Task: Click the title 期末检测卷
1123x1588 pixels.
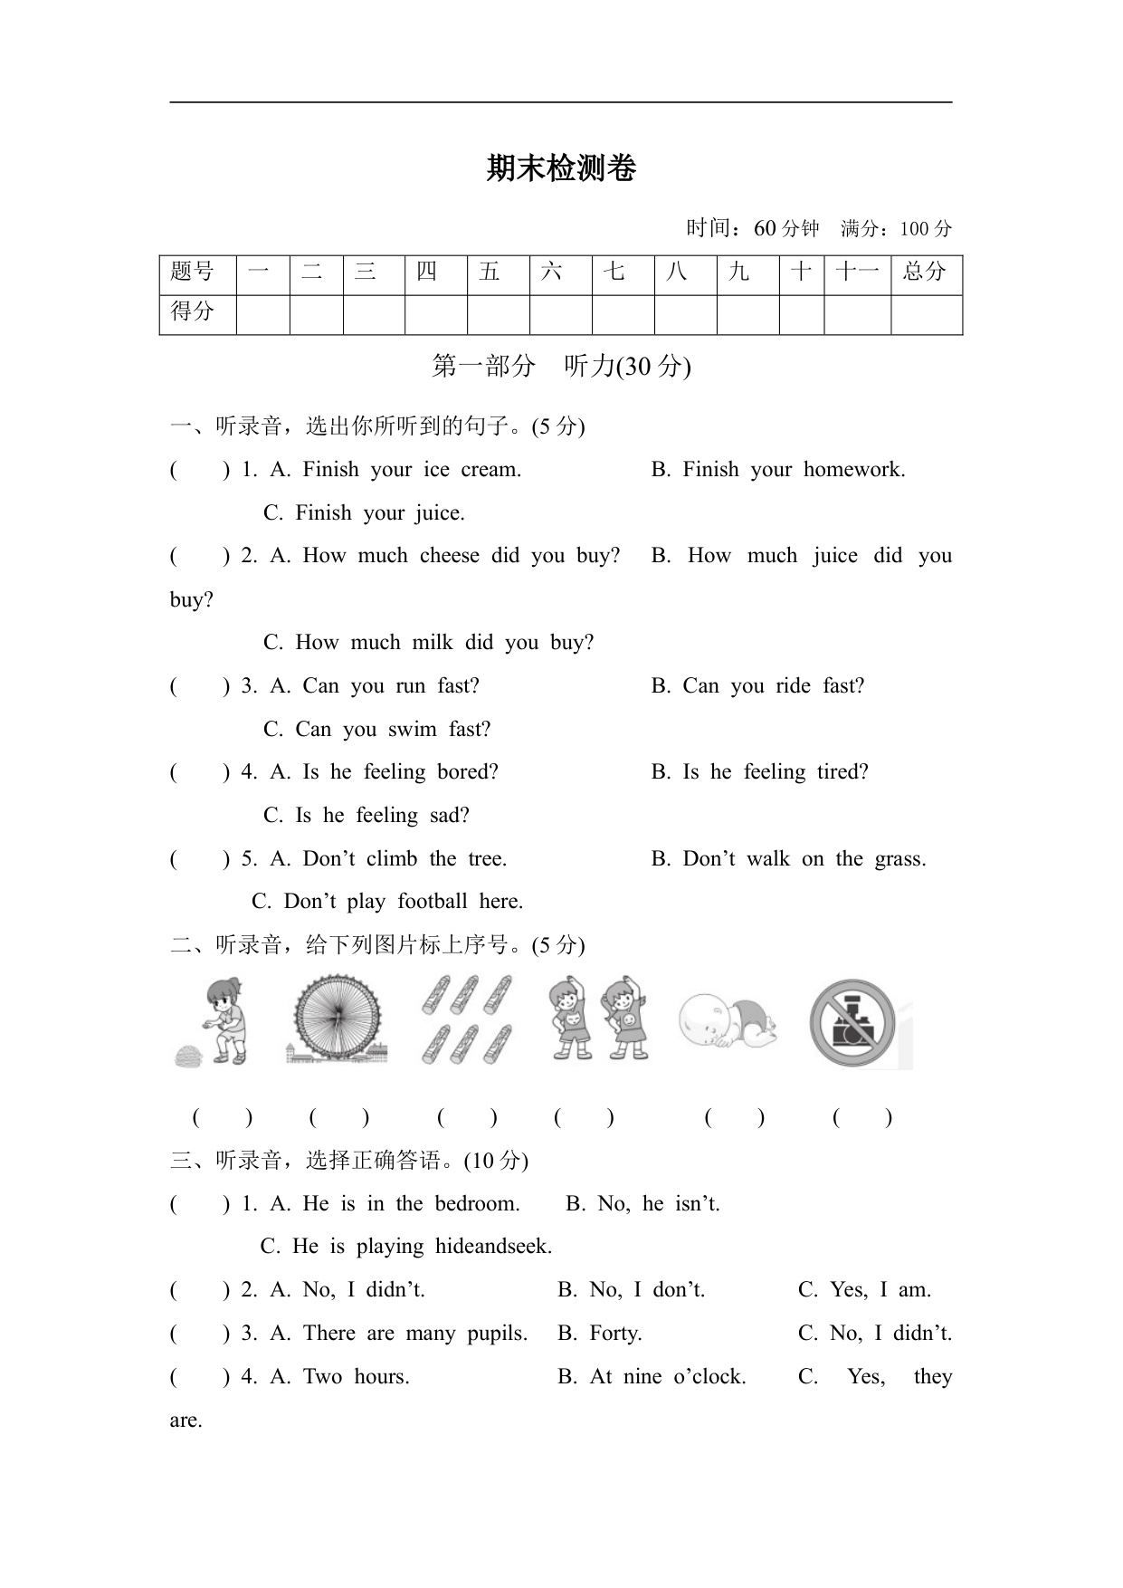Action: point(561,168)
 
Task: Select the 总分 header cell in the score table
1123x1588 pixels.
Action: point(925,272)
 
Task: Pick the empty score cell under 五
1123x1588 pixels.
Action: point(498,314)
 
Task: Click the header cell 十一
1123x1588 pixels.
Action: point(857,272)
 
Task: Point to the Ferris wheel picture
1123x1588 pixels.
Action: point(337,1020)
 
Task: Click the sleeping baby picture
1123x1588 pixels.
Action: point(728,1021)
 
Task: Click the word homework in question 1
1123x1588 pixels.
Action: point(854,469)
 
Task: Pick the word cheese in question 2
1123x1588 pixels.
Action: point(450,555)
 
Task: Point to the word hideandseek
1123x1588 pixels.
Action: point(493,1246)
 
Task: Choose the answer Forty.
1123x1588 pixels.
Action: point(615,1333)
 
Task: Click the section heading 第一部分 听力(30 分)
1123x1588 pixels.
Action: point(561,366)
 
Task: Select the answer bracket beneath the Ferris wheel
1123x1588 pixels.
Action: point(339,1117)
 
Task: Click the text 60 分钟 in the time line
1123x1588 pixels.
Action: point(785,228)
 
